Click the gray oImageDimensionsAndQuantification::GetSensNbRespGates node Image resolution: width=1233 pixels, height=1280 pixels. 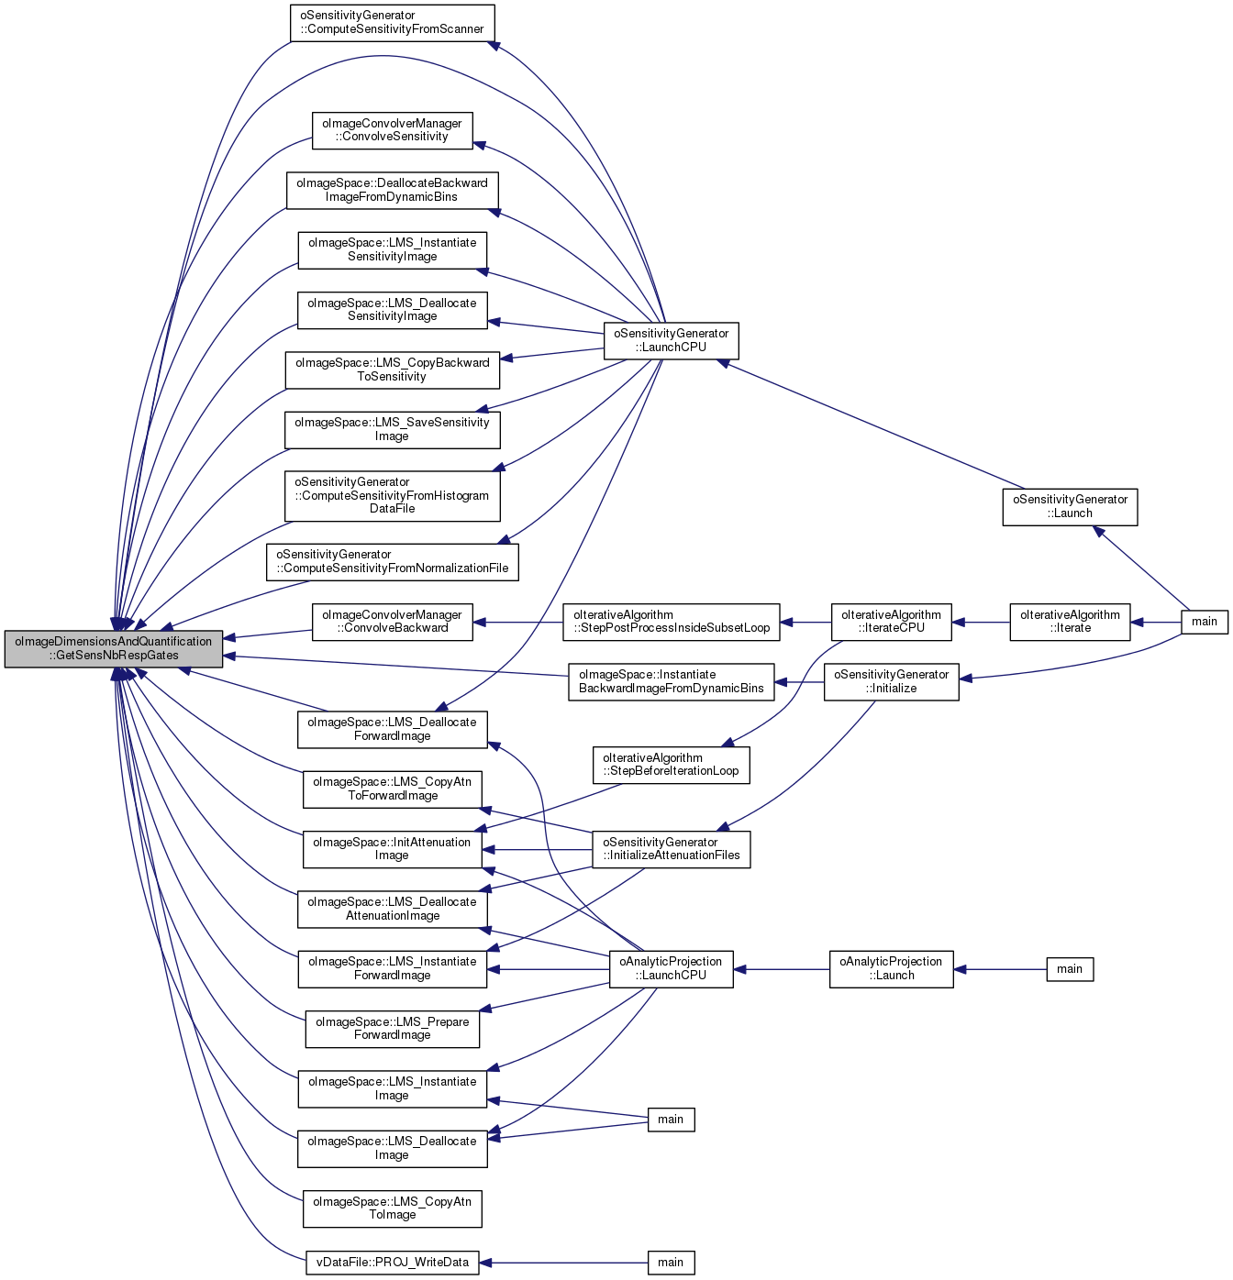tap(114, 649)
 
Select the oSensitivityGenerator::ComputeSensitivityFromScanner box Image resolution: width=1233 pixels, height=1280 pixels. tap(392, 23)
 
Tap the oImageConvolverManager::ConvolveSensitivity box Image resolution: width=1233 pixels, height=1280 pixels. tap(392, 130)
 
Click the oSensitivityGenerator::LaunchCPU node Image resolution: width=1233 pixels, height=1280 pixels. tap(671, 341)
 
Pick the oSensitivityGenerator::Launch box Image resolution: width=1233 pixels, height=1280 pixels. tap(1070, 507)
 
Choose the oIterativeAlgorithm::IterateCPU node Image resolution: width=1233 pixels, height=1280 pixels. tap(891, 622)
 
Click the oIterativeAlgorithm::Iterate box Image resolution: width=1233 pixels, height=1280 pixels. tap(1070, 622)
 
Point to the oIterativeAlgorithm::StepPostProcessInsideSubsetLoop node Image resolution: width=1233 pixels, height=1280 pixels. tap(672, 622)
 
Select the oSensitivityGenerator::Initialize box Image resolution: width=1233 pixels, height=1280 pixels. tap(891, 682)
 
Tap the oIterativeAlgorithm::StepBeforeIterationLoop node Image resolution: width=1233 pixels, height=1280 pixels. tap(671, 765)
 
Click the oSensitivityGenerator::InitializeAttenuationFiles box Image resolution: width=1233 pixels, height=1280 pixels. tap(671, 849)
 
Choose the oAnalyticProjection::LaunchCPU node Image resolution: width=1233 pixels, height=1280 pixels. tap(671, 969)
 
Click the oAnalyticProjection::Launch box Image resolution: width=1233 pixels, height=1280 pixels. tap(891, 969)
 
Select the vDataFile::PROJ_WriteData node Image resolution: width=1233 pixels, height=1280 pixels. tap(392, 1263)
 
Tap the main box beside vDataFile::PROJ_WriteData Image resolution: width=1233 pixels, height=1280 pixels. tap(671, 1263)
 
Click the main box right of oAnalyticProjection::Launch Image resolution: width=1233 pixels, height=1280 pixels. tap(1070, 969)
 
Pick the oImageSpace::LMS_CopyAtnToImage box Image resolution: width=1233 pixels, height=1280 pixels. tap(392, 1208)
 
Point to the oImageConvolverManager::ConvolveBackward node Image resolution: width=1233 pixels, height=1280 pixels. tap(392, 622)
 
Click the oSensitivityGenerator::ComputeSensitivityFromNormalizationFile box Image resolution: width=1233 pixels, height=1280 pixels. tap(392, 562)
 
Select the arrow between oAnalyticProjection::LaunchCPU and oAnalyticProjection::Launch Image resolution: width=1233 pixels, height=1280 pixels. tap(781, 969)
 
